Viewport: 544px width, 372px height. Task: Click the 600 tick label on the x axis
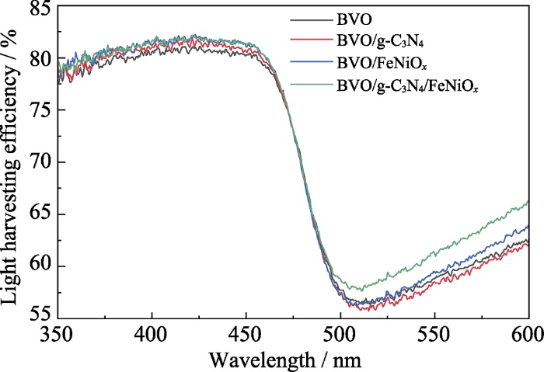(x=525, y=335)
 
